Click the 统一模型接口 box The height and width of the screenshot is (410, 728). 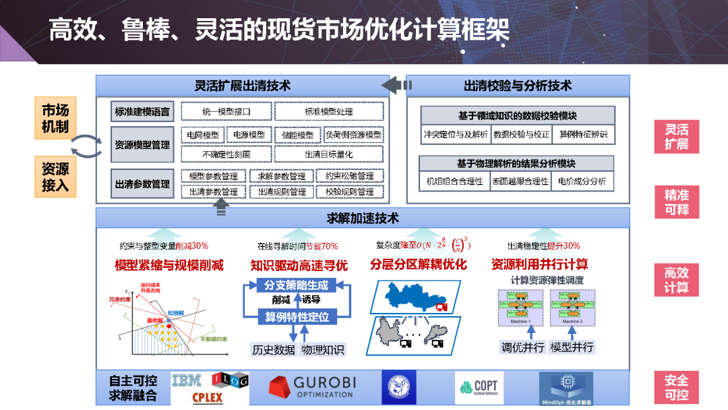pos(226,111)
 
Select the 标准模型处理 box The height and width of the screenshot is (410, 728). pos(328,111)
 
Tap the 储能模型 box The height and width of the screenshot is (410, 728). pos(297,135)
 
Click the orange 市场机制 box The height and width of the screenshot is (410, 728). pos(55,118)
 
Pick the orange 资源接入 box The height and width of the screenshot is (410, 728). pos(55,177)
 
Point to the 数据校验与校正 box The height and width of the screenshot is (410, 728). pos(521,134)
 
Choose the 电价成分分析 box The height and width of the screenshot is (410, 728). pos(582,181)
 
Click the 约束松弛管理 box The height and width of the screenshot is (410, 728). pos(349,176)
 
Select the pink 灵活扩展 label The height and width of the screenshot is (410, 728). pos(676,137)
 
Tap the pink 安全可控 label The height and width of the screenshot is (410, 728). pos(676,388)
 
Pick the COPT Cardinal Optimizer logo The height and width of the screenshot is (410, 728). pos(479,388)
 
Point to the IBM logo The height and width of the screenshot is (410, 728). pos(187,381)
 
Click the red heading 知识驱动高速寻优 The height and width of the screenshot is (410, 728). pos(299,266)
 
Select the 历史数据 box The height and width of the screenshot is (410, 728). pos(273,349)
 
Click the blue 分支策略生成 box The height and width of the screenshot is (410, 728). pos(297,285)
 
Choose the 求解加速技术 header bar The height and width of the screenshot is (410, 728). pos(363,218)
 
